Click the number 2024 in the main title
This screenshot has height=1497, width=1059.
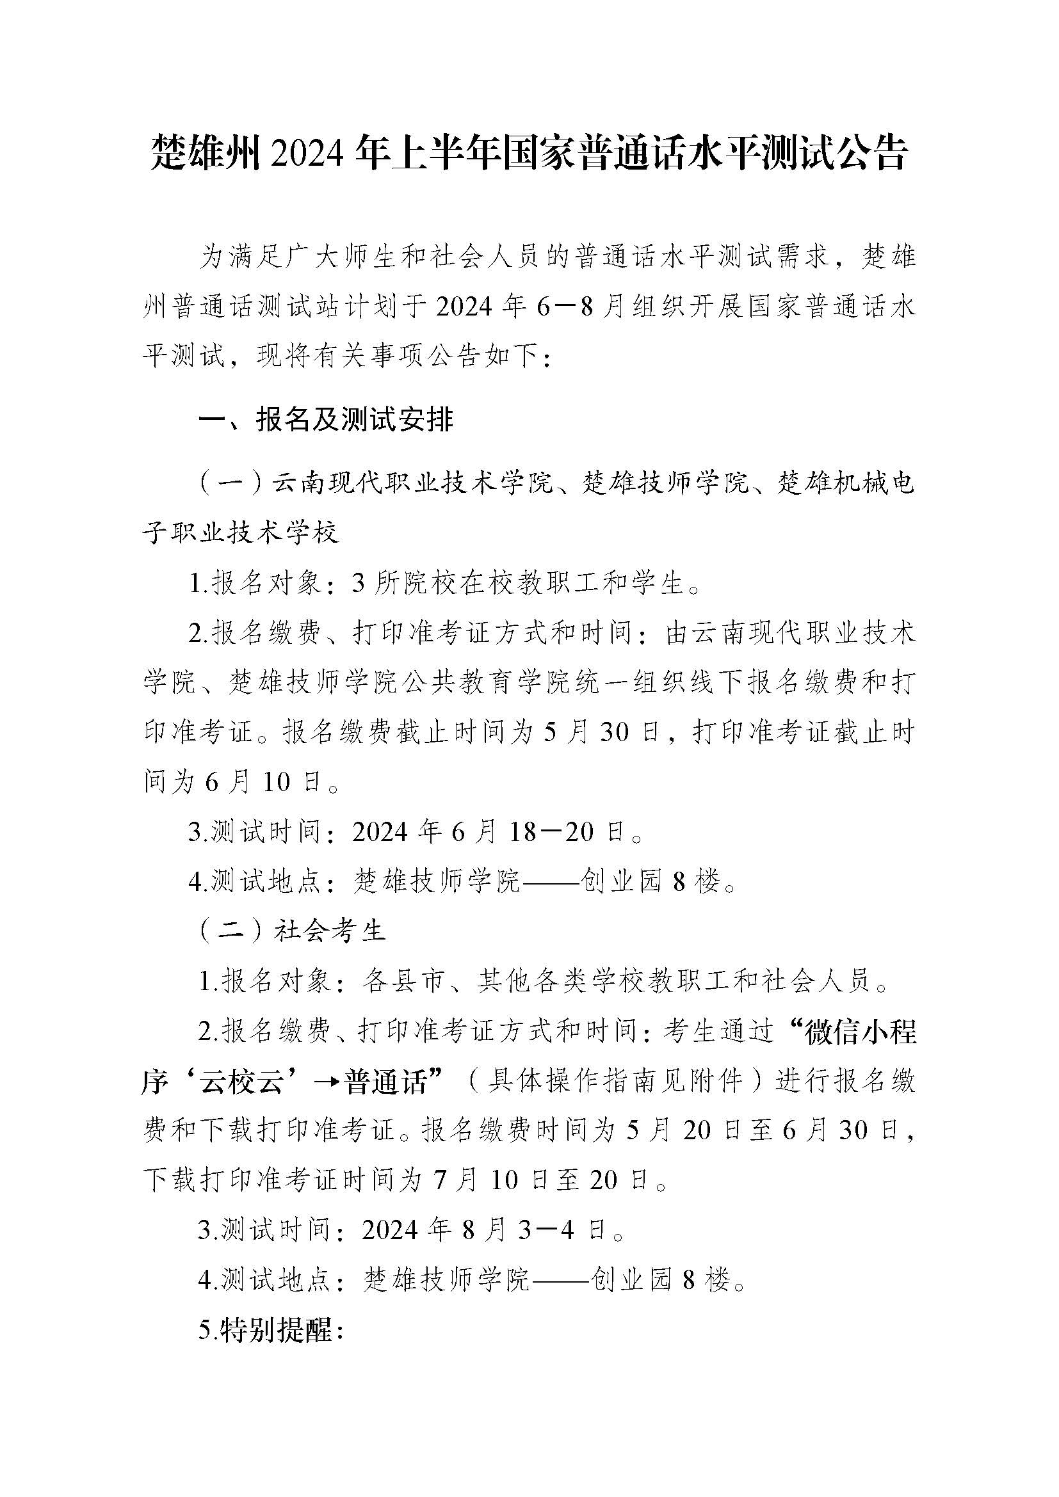[x=309, y=154]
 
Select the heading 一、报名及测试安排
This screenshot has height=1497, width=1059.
[x=325, y=420]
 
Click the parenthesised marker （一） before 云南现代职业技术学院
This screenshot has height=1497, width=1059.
[x=233, y=484]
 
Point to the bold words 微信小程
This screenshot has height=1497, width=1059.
[x=860, y=1033]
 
